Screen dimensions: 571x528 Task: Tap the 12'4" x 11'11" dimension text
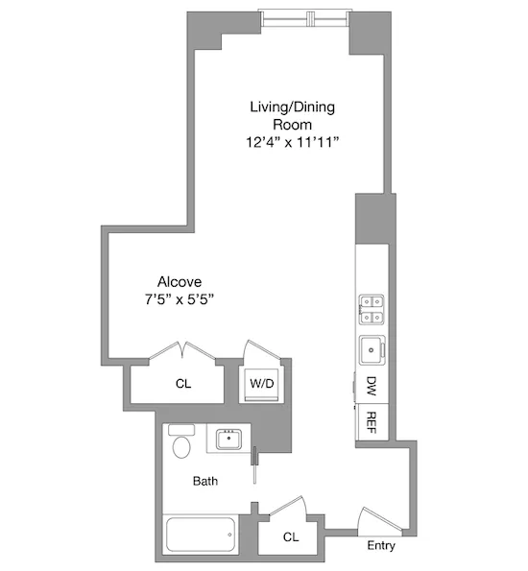click(x=292, y=142)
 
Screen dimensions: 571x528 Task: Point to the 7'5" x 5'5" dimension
click(x=173, y=298)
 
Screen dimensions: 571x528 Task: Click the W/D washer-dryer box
click(x=260, y=384)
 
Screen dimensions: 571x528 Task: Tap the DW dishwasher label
click(x=371, y=387)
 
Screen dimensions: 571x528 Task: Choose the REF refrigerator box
click(x=372, y=423)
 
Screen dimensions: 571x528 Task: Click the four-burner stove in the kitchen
click(x=372, y=309)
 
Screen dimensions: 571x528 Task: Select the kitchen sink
click(x=371, y=350)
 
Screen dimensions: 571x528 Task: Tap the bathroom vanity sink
click(x=229, y=440)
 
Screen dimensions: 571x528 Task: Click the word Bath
click(x=204, y=481)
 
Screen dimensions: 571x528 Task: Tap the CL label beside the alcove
click(x=183, y=384)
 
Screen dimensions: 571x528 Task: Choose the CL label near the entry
click(x=290, y=538)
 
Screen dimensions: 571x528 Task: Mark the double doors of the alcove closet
click(x=182, y=349)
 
